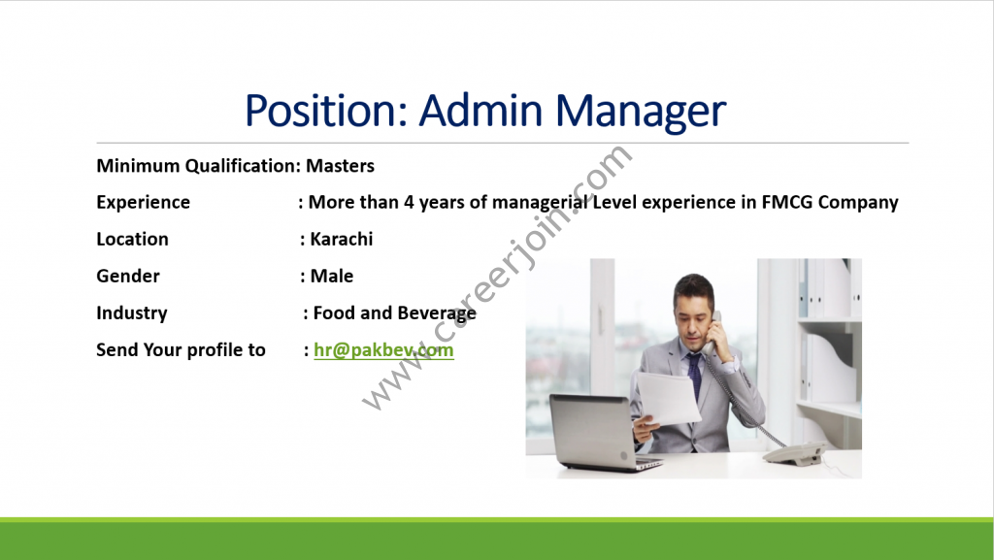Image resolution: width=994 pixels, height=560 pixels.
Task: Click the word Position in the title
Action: (326, 111)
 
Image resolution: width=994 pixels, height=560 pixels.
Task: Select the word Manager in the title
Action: (641, 113)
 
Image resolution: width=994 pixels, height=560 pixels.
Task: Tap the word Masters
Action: (341, 166)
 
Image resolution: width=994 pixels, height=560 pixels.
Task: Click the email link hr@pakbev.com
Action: (383, 350)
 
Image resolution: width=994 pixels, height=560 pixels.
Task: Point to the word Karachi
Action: (341, 239)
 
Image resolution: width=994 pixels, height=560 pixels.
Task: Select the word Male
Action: (332, 277)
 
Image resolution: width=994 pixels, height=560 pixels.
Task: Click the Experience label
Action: (144, 203)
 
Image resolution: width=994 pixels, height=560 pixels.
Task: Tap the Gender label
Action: (128, 277)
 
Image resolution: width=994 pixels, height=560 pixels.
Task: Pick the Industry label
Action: (132, 313)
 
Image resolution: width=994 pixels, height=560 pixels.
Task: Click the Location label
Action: (132, 239)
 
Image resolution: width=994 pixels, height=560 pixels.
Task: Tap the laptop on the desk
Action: (603, 433)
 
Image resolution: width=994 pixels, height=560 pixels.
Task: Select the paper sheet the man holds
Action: (668, 399)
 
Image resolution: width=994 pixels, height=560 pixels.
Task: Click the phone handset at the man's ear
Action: (711, 334)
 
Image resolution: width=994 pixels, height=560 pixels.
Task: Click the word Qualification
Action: (243, 166)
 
